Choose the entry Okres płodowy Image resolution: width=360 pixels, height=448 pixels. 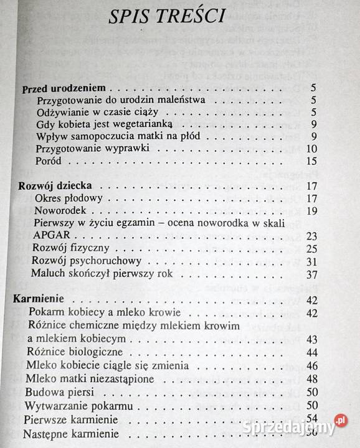tap(69, 198)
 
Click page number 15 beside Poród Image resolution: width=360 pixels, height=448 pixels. tap(312, 162)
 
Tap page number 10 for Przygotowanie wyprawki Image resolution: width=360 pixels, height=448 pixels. tap(312, 149)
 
